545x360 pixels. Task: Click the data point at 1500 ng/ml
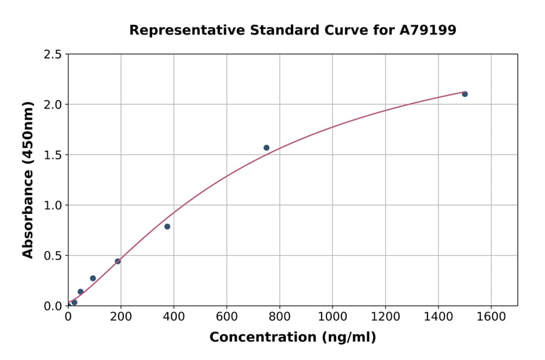(464, 94)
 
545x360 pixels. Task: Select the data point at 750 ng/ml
(266, 148)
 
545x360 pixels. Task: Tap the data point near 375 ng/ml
(167, 227)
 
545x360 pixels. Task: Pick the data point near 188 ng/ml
(117, 261)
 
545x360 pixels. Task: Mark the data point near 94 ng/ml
(93, 278)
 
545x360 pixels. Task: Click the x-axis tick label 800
(280, 316)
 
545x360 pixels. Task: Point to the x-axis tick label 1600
(491, 316)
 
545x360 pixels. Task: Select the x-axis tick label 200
(121, 316)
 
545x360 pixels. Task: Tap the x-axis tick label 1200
(385, 316)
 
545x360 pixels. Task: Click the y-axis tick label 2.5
(52, 55)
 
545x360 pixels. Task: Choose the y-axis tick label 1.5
(52, 155)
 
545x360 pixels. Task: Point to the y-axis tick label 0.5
(52, 256)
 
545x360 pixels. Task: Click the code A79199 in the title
(428, 30)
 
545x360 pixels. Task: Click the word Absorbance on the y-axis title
(28, 212)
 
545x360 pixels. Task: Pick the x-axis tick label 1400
(438, 316)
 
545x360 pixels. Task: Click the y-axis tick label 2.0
(52, 105)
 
